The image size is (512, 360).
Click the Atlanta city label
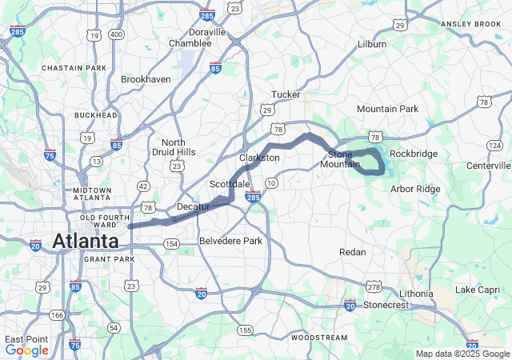pos(86,240)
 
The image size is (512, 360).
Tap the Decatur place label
pos(192,206)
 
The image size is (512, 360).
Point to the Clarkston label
pos(259,158)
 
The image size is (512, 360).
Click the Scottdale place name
pos(230,183)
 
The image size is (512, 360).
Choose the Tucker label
pos(286,94)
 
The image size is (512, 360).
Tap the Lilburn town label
pos(372,44)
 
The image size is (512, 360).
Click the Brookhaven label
pos(145,80)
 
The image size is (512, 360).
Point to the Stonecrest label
pos(386,305)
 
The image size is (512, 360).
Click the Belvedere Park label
pos(230,241)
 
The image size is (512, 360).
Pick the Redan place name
pos(353,252)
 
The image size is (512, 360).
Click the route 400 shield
pos(117,35)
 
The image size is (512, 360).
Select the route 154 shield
pos(170,243)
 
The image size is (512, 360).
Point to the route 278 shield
pos(374,286)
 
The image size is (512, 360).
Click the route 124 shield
pos(494,143)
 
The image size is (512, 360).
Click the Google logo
pos(26,350)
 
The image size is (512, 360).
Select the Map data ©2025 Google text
pos(462,354)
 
